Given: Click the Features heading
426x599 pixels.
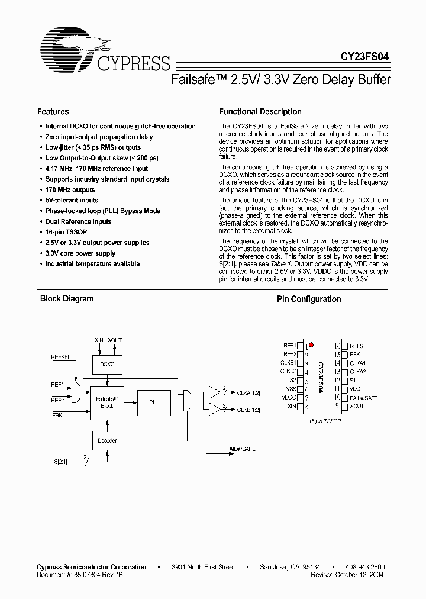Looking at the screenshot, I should coord(53,112).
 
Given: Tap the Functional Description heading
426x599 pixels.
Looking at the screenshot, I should coord(260,112).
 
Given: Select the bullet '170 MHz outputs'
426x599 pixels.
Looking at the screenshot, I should coord(70,190).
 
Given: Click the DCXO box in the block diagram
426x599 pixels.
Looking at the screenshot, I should coord(107,365).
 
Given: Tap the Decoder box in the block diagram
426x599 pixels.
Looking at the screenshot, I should coord(107,440).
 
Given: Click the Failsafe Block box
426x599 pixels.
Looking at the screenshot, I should coord(107,402).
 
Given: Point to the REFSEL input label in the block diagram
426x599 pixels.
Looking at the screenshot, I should coord(61,358).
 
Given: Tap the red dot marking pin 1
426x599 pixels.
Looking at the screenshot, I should coord(311,344).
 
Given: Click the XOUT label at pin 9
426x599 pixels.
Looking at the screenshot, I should coord(357,407).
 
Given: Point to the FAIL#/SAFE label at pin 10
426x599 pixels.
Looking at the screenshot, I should coord(364,398).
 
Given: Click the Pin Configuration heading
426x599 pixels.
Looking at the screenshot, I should coord(309,299).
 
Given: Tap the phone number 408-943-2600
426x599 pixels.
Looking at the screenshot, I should coord(364,567).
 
